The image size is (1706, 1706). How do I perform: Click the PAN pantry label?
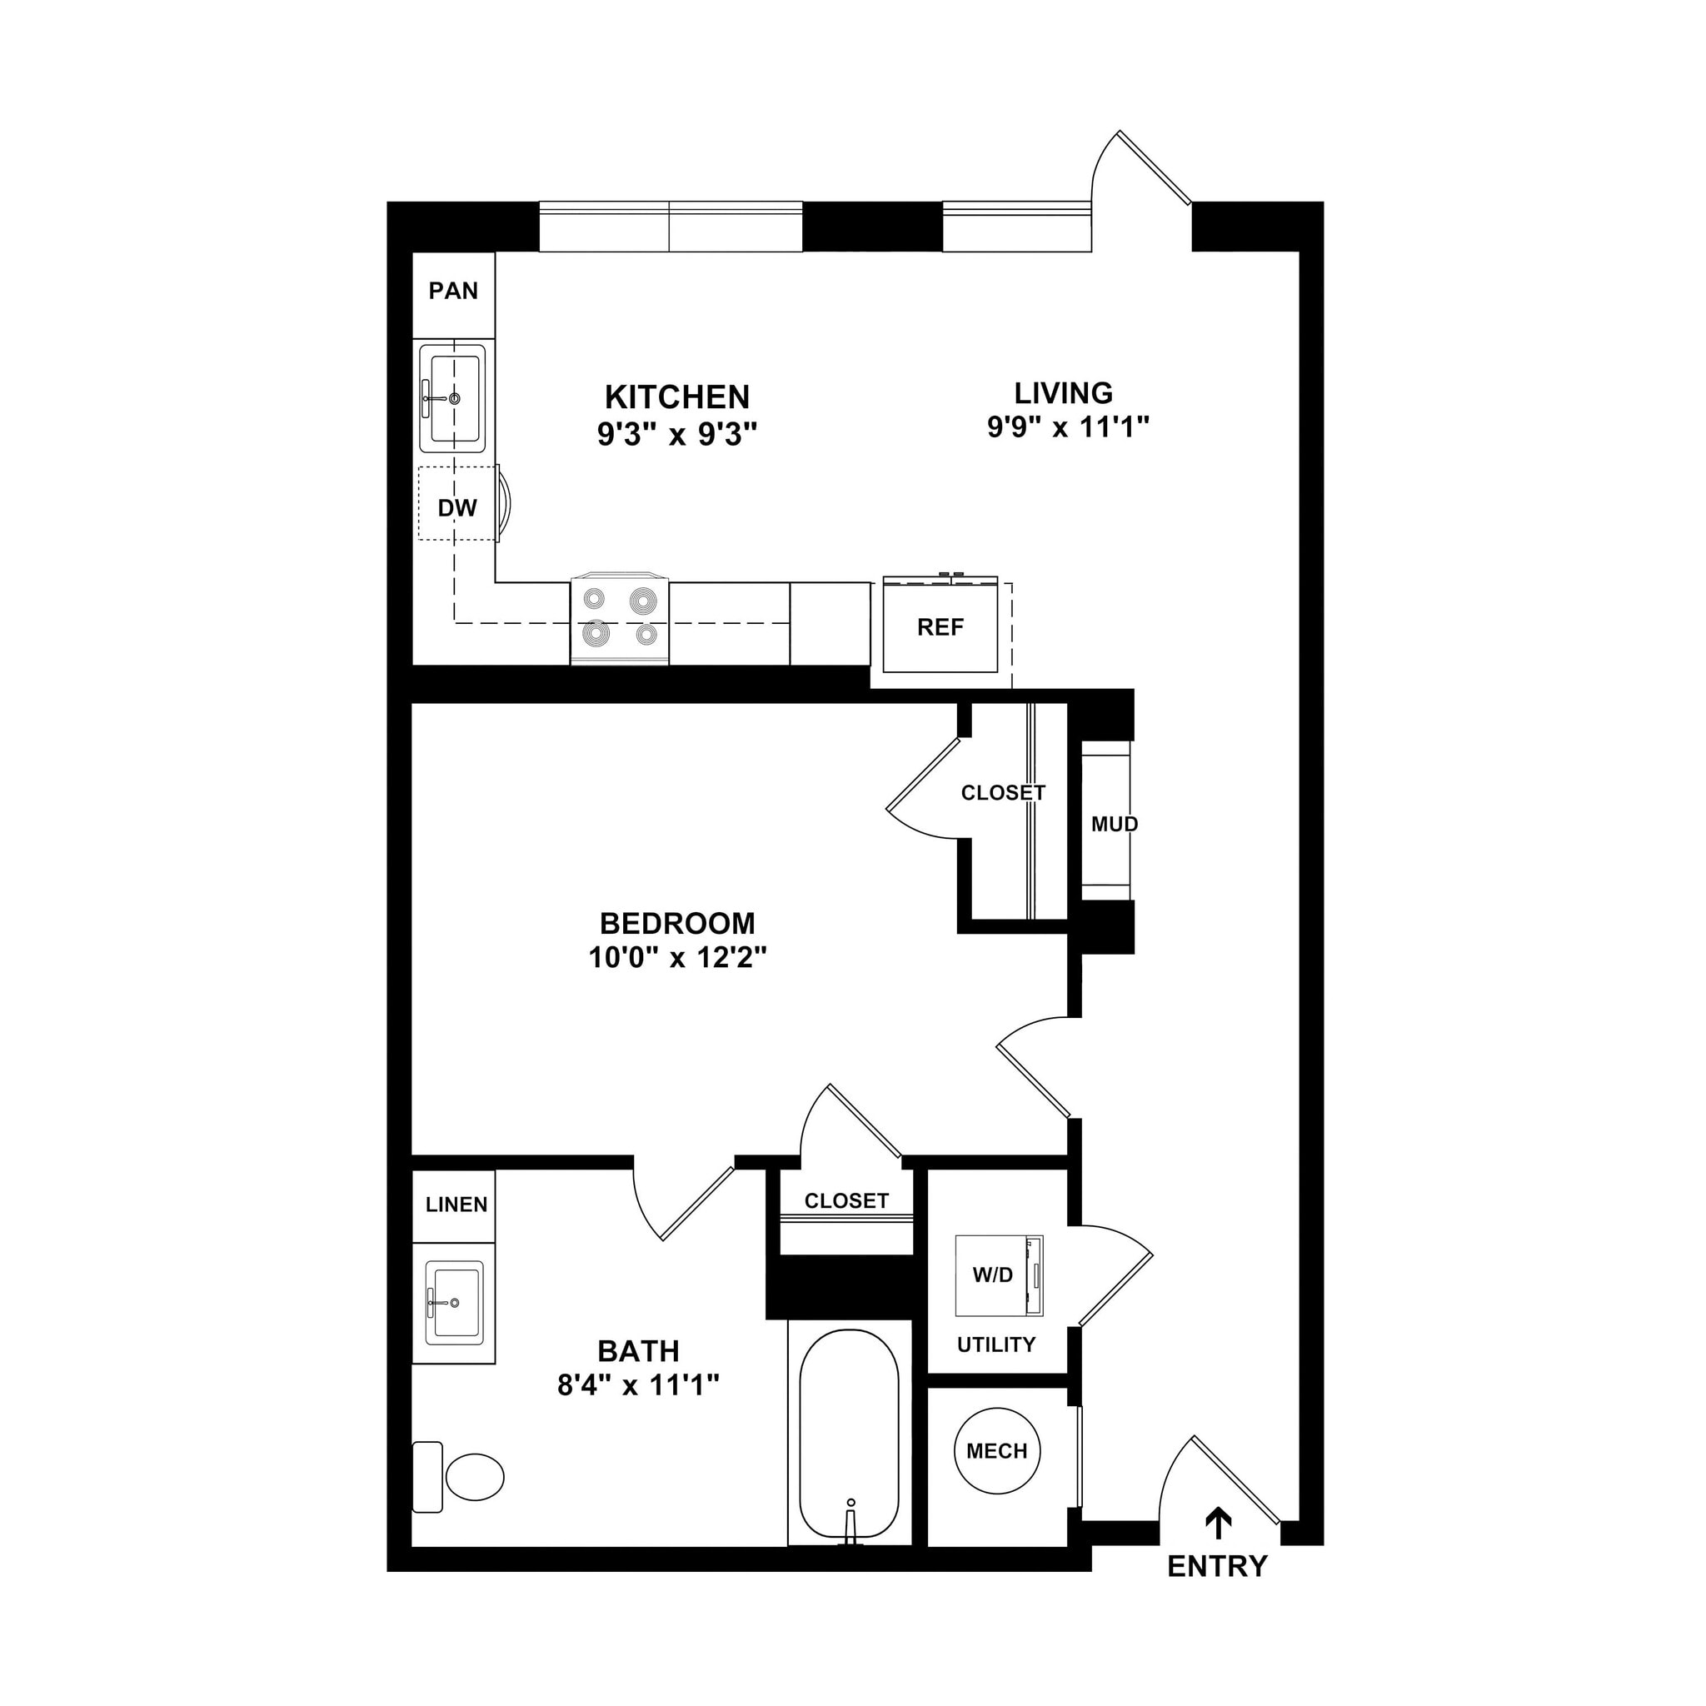(453, 291)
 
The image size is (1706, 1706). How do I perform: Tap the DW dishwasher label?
(457, 508)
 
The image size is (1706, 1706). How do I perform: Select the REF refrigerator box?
(940, 627)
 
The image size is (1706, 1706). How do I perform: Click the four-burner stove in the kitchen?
(620, 618)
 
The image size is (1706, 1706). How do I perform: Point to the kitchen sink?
(452, 398)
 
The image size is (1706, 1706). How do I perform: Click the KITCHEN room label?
(677, 397)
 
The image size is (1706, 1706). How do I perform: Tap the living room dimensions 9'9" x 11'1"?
(1068, 427)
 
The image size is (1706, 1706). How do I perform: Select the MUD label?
(1115, 824)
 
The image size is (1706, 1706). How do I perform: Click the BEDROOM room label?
(677, 924)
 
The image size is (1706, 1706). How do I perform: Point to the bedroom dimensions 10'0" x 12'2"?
(677, 958)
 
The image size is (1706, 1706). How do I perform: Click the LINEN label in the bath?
(456, 1205)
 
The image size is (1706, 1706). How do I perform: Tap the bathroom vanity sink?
(454, 1302)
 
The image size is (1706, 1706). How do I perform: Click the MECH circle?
(997, 1451)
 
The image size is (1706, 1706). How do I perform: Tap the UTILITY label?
(996, 1344)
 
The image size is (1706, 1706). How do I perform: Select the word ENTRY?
(1217, 1567)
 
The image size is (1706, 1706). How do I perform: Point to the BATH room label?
(638, 1351)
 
